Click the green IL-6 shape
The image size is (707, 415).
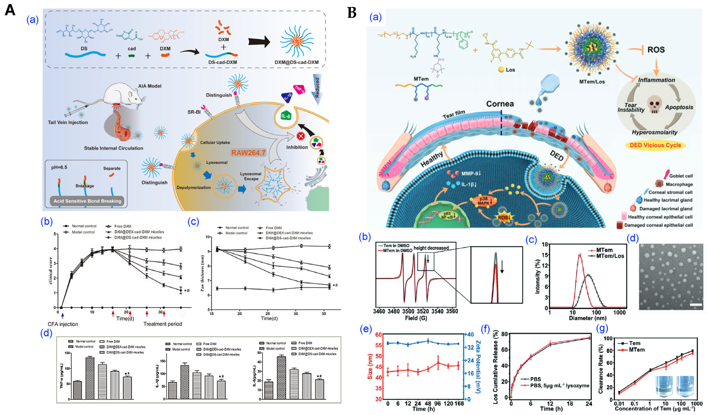click(286, 116)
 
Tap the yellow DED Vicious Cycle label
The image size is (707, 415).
click(655, 145)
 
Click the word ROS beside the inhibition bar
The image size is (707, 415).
click(656, 50)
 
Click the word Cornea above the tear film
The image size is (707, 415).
click(500, 104)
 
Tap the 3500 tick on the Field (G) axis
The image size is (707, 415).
click(408, 311)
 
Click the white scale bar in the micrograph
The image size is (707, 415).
click(696, 305)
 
